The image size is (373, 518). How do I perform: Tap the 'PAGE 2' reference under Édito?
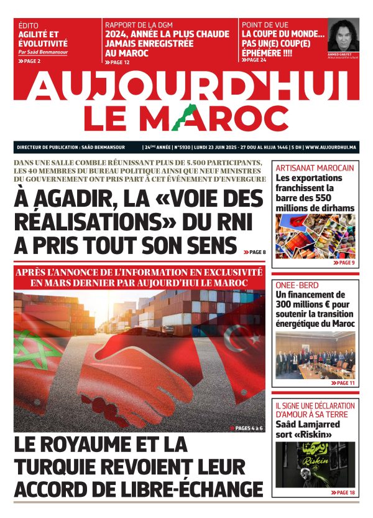pos(31,61)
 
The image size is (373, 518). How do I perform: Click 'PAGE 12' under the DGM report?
pos(119,62)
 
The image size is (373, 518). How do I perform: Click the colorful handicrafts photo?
pos(315,237)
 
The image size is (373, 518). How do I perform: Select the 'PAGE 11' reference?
pos(343,384)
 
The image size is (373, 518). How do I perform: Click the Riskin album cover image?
pos(315,464)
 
